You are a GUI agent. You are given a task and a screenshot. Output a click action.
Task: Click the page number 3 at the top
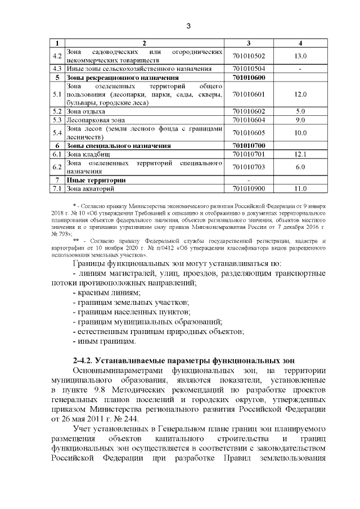point(188,26)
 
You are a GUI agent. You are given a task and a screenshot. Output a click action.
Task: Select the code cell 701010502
point(249,56)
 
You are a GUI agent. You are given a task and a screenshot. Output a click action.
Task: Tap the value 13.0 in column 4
point(300,56)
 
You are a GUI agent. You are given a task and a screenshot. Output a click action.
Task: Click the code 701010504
point(249,69)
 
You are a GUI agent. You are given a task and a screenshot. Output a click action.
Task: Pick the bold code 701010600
point(249,77)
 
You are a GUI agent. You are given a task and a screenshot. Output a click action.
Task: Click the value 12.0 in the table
point(300,94)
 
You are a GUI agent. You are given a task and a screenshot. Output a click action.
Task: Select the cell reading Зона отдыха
point(86,111)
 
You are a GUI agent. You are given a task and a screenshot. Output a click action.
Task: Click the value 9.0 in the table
point(300,120)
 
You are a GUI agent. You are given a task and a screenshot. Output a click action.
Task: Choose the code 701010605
point(249,133)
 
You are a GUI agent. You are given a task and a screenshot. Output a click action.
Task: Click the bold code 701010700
point(249,146)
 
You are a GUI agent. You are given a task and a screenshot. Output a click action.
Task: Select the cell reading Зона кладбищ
point(88,154)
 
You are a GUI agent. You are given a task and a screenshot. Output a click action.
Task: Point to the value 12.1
point(300,154)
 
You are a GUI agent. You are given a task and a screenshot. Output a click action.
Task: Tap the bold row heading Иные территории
point(96,180)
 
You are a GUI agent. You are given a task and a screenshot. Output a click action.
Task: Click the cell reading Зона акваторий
point(91,188)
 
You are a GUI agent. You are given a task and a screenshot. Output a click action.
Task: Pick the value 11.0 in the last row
point(300,188)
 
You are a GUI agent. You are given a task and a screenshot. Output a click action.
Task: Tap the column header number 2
point(144,43)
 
